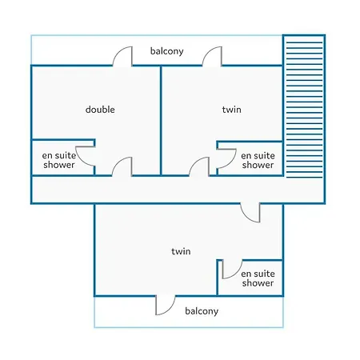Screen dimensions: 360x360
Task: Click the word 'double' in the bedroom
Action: (100, 110)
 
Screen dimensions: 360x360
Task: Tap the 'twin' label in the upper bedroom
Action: (231, 110)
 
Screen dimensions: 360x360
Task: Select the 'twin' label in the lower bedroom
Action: (181, 251)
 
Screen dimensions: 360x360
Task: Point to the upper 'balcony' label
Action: (166, 51)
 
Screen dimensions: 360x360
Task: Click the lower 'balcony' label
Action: (202, 311)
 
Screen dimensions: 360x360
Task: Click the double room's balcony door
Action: (122, 56)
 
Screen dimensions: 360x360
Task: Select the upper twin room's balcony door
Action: (212, 56)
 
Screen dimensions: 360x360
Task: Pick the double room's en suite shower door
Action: (85, 156)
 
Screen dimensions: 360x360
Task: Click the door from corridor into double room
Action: (122, 166)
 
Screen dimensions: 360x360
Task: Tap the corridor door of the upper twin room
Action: (199, 166)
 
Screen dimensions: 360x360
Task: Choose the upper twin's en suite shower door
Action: (226, 158)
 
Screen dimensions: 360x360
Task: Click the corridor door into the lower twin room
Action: (250, 213)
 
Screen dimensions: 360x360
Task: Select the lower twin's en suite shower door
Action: (232, 270)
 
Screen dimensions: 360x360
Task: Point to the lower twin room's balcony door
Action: (166, 305)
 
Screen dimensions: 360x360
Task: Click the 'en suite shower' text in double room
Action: (59, 160)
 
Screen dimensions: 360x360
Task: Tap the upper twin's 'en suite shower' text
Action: (258, 160)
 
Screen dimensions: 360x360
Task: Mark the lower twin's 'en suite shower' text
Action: (258, 278)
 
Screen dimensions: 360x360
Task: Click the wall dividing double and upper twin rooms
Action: (161, 121)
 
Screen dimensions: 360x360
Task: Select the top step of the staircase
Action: (304, 42)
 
